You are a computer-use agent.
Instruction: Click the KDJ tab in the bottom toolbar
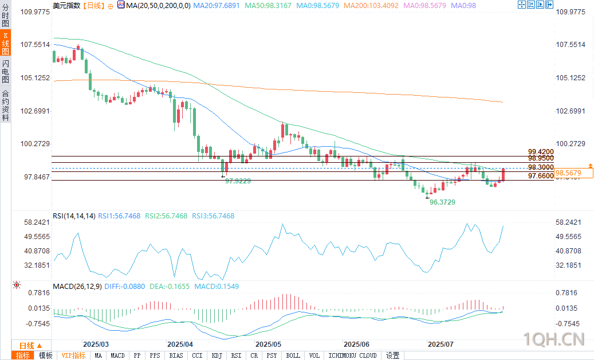click(x=217, y=355)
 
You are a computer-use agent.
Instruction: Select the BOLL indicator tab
click(x=293, y=355)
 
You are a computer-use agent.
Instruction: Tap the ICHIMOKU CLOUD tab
click(x=352, y=355)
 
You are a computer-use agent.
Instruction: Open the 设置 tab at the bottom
click(x=392, y=355)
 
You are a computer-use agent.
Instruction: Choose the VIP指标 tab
click(x=74, y=355)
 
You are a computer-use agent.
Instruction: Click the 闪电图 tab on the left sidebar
click(x=5, y=71)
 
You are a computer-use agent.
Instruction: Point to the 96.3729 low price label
click(x=442, y=202)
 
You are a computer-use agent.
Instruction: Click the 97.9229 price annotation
click(x=238, y=181)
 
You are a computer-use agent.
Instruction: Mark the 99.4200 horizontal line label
click(x=541, y=152)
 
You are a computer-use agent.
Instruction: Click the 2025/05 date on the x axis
click(x=268, y=345)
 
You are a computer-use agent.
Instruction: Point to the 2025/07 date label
click(x=441, y=345)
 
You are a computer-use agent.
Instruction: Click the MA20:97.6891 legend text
click(x=217, y=5)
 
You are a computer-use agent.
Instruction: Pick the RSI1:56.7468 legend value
click(x=119, y=216)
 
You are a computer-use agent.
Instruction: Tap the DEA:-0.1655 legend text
click(x=170, y=286)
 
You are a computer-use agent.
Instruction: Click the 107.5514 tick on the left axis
click(x=36, y=45)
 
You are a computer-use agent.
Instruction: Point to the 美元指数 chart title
click(x=66, y=5)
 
